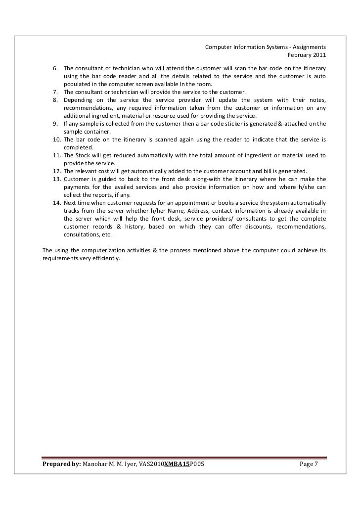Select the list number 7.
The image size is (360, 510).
pyautogui.click(x=55, y=92)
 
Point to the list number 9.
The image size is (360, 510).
pyautogui.click(x=55, y=123)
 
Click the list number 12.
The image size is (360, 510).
pyautogui.click(x=57, y=171)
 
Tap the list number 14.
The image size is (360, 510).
pyautogui.click(x=57, y=202)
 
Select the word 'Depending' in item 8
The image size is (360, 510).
pyautogui.click(x=78, y=99)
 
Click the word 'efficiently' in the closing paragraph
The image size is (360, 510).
pyautogui.click(x=106, y=258)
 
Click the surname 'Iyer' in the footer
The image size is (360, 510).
pyautogui.click(x=130, y=464)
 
